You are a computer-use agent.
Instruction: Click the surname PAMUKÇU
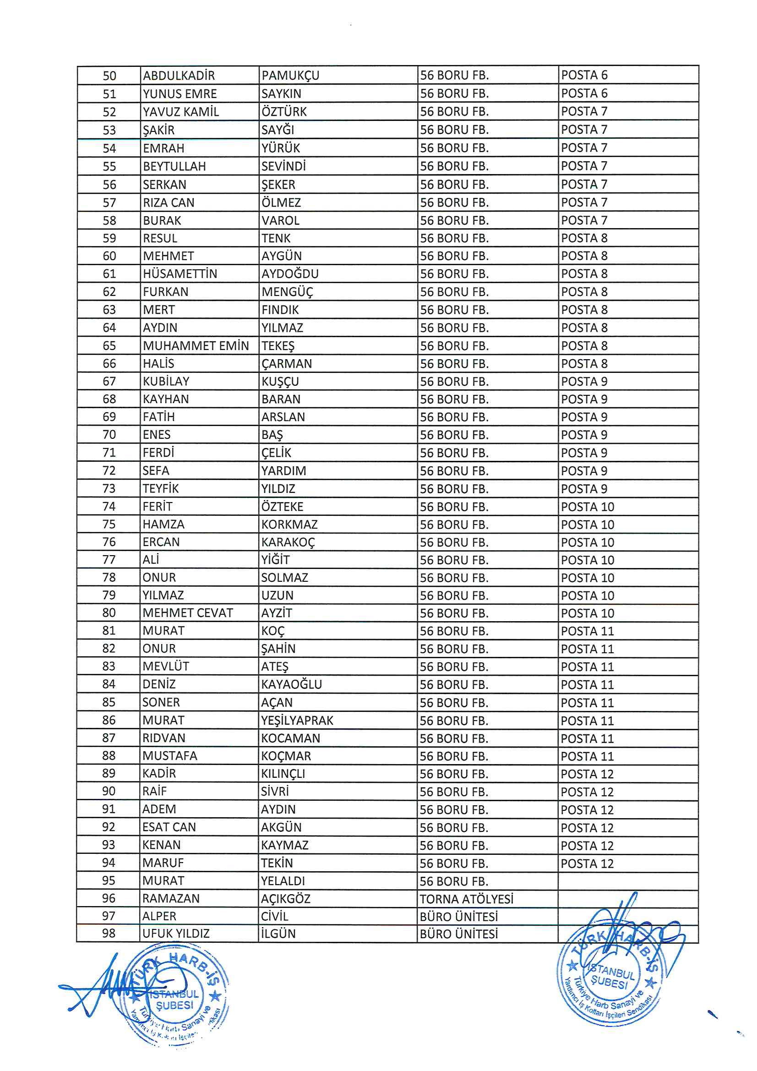[290, 75]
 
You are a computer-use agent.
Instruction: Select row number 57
[109, 203]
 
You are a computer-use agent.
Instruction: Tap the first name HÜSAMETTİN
[180, 274]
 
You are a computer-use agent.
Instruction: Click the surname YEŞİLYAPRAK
[297, 721]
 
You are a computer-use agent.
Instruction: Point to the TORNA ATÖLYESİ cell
[466, 899]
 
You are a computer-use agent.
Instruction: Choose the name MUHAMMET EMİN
[196, 346]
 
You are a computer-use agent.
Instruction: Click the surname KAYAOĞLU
[292, 684]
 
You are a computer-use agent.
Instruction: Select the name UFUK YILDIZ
[176, 934]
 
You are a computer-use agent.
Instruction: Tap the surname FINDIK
[280, 310]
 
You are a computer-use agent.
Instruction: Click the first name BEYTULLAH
[174, 167]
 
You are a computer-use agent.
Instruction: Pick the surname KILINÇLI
[283, 774]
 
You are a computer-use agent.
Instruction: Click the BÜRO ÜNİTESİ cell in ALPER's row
[458, 917]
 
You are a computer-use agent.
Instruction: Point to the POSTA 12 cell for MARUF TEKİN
[587, 863]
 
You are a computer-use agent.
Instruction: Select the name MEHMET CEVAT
[187, 613]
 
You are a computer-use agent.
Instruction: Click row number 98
[109, 934]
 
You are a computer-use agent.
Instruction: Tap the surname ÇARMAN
[286, 363]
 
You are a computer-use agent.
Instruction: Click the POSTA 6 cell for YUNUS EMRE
[584, 93]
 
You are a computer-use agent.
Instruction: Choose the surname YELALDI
[283, 881]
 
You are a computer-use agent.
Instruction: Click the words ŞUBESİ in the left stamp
[174, 1005]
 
